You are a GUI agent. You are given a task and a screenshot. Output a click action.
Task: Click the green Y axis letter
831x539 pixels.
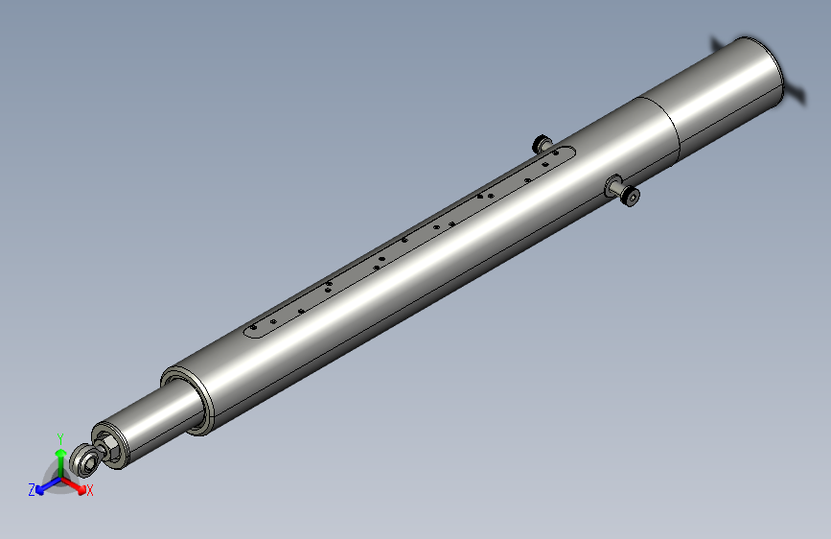(x=59, y=436)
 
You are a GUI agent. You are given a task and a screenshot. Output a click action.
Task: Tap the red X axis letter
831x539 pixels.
(x=90, y=491)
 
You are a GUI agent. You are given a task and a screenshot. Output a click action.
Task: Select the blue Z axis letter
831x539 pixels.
(x=32, y=489)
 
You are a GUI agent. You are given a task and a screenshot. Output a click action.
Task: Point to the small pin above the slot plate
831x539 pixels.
(x=542, y=145)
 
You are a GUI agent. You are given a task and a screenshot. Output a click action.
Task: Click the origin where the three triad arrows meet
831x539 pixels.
(x=59, y=476)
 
